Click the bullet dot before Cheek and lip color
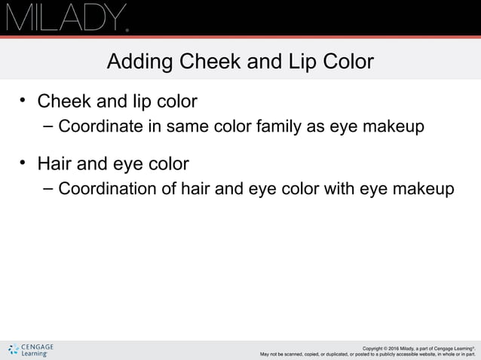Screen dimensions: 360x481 23,99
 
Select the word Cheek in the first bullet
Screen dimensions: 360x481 63,100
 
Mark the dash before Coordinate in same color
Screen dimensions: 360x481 47,125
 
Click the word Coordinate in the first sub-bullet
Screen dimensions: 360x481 100,126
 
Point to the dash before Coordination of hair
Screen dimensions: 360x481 47,188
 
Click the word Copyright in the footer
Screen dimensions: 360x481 377,348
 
